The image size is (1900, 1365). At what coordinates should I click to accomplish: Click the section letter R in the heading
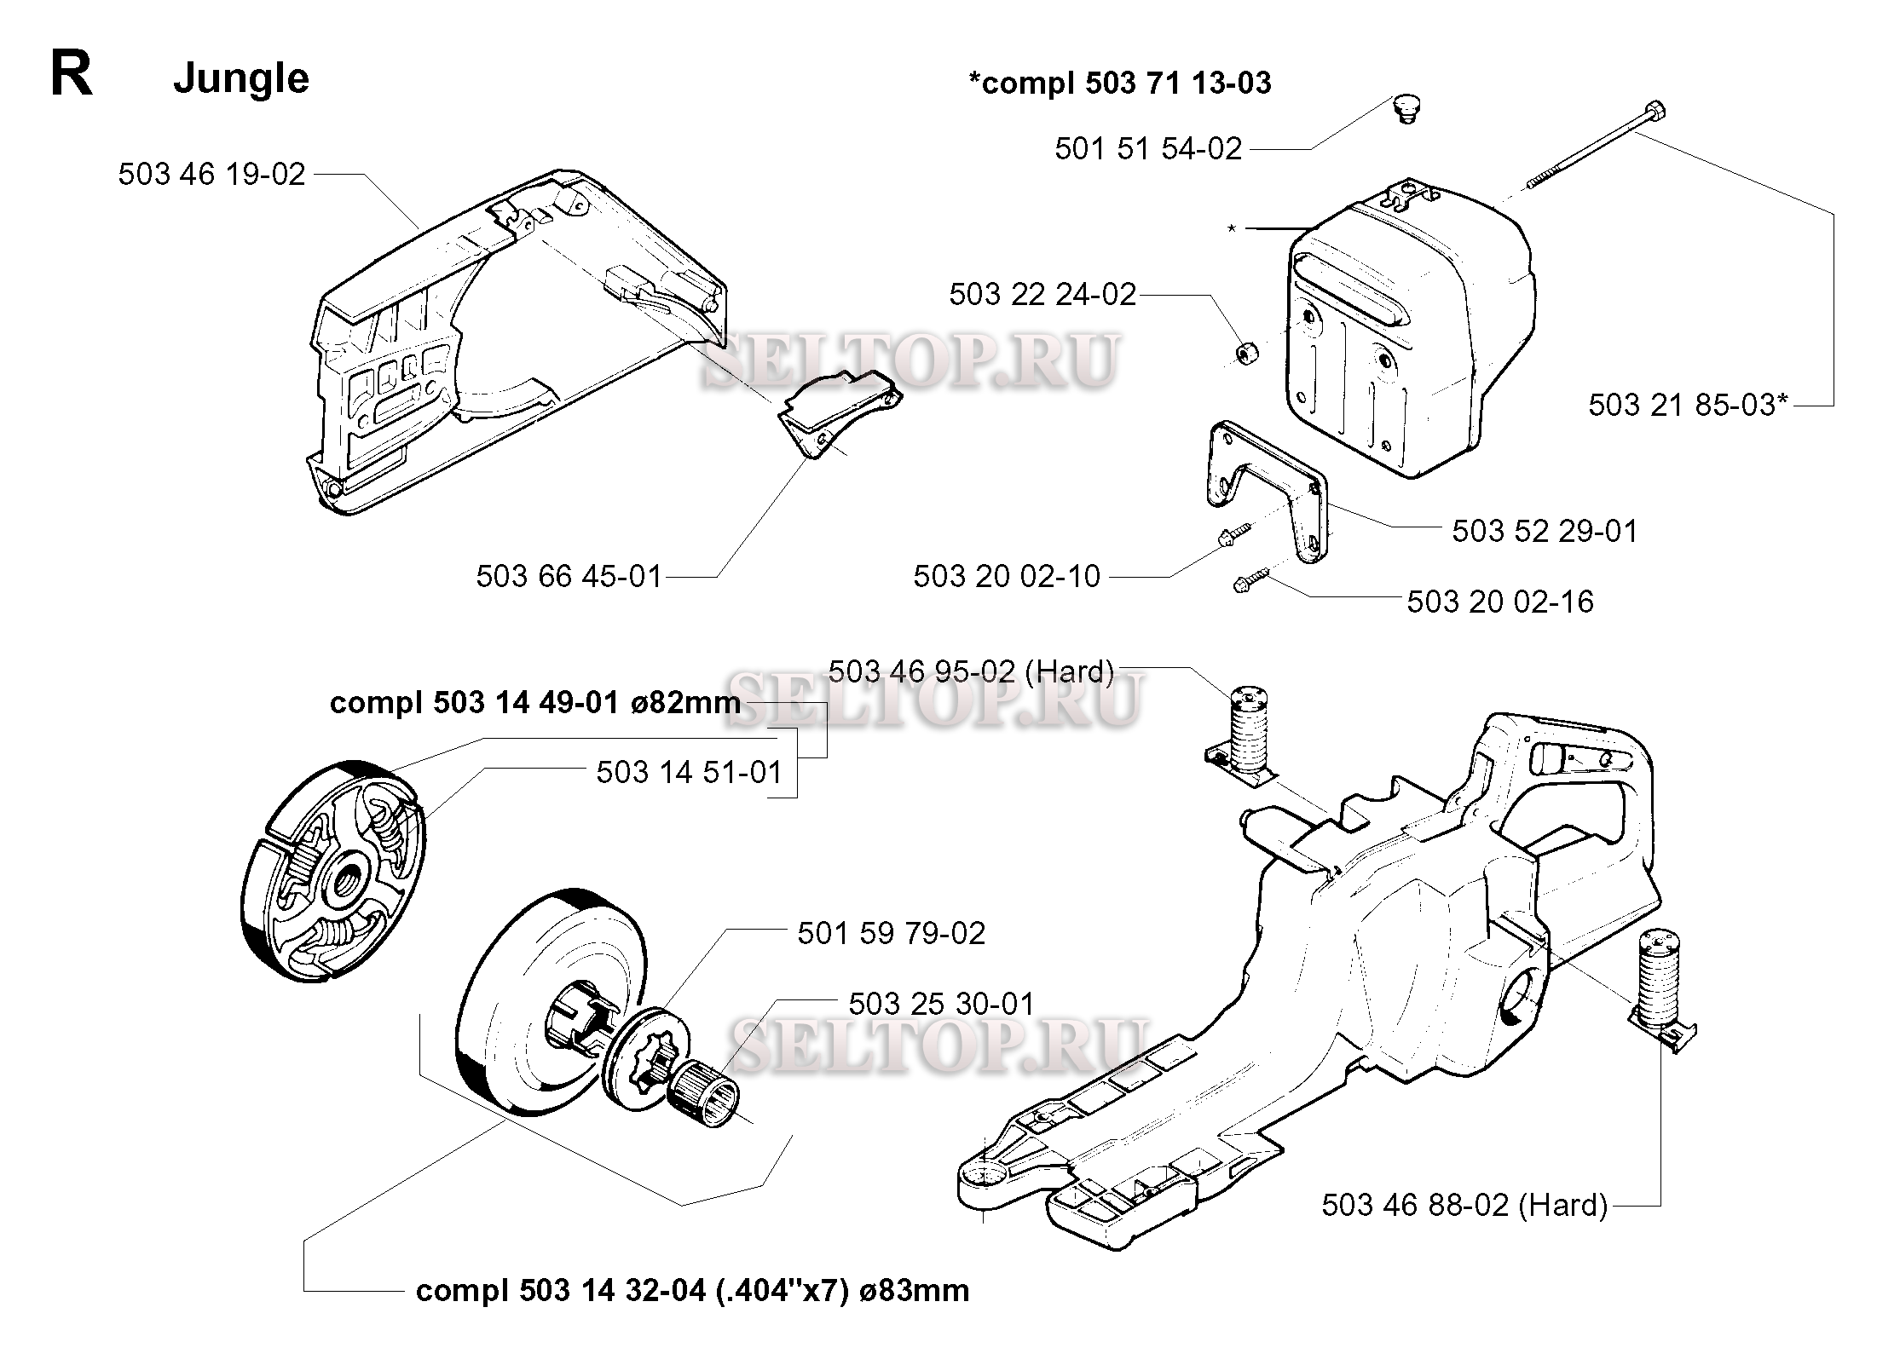pos(72,74)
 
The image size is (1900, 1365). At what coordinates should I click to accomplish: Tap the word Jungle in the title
pos(241,79)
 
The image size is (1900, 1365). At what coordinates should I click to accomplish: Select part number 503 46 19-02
pos(211,174)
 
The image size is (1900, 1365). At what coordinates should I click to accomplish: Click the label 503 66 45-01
pos(569,576)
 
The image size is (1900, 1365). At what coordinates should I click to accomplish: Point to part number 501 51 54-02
pos(1148,149)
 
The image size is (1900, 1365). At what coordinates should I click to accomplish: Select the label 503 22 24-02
pos(1042,295)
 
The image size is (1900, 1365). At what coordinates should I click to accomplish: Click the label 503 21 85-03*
pos(1688,405)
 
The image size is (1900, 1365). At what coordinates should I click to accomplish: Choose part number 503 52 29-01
pos(1545,531)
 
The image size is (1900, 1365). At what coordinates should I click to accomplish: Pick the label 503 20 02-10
pos(1007,576)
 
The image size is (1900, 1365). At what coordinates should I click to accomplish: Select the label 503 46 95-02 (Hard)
pos(971,671)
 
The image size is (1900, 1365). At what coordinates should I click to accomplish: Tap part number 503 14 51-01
pos(689,772)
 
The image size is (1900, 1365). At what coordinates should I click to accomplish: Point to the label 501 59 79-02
pos(892,933)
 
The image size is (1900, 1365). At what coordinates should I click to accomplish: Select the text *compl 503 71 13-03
pos(1120,83)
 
